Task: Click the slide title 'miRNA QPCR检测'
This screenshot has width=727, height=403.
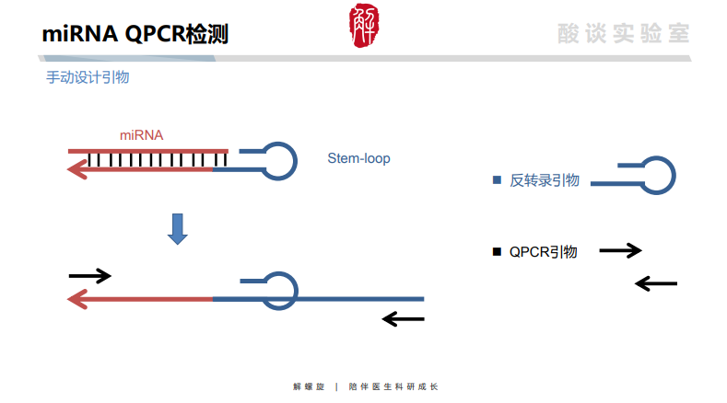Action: pyautogui.click(x=135, y=35)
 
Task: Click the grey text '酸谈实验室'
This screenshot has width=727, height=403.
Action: pyautogui.click(x=624, y=34)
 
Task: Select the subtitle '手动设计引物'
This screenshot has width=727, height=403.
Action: pyautogui.click(x=88, y=77)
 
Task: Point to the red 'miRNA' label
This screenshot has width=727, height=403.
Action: pyautogui.click(x=141, y=135)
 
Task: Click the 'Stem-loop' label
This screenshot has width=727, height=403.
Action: pyautogui.click(x=358, y=158)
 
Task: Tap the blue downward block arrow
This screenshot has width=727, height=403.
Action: pyautogui.click(x=178, y=229)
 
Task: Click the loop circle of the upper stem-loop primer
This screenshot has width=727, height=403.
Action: pyautogui.click(x=279, y=159)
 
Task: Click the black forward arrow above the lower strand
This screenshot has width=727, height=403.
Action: pyautogui.click(x=90, y=275)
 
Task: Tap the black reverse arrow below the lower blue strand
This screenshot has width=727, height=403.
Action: pyautogui.click(x=404, y=319)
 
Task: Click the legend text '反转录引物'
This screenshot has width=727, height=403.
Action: pyautogui.click(x=545, y=180)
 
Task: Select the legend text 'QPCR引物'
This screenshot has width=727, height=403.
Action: pyautogui.click(x=544, y=251)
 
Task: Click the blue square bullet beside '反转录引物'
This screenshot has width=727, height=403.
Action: pyautogui.click(x=497, y=180)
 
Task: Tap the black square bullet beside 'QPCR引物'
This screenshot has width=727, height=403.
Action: pyautogui.click(x=497, y=251)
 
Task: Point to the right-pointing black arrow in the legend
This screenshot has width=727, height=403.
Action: pyautogui.click(x=620, y=250)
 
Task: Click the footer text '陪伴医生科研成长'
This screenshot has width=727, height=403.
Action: pyautogui.click(x=393, y=386)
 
